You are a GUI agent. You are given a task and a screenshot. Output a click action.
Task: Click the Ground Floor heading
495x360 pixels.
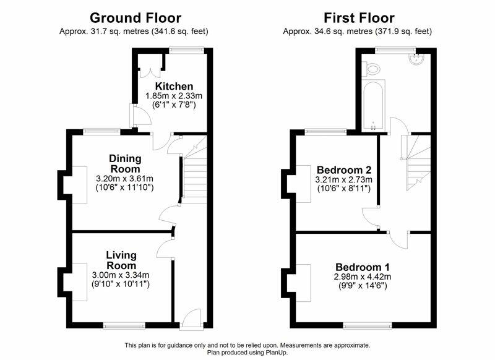tap(136, 18)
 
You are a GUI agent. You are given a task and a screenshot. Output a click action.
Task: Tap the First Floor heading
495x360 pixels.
tap(359, 18)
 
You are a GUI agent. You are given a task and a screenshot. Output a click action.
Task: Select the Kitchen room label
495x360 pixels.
tap(174, 86)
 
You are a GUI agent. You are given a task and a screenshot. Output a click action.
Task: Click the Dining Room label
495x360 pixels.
tap(125, 163)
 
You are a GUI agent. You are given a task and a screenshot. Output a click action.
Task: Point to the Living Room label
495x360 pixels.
tap(121, 260)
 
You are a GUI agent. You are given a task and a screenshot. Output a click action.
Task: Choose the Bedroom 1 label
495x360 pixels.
tap(363, 267)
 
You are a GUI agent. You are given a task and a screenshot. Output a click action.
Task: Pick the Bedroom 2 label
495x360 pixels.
tap(344, 170)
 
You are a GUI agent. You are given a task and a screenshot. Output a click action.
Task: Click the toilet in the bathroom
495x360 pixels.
tap(371, 69)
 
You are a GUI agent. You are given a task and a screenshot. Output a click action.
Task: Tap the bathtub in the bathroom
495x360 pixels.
tap(374, 106)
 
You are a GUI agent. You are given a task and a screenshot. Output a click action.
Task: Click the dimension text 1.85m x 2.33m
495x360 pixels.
tap(174, 96)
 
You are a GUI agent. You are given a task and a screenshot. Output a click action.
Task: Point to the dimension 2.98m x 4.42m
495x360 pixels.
tap(363, 277)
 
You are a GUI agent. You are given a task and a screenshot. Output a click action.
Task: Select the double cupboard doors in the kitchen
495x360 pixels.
tap(150, 72)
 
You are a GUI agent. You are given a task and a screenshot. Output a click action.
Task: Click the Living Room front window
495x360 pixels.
tap(124, 325)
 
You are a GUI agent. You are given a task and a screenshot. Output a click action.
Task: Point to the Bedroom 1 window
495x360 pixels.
tap(368, 325)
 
